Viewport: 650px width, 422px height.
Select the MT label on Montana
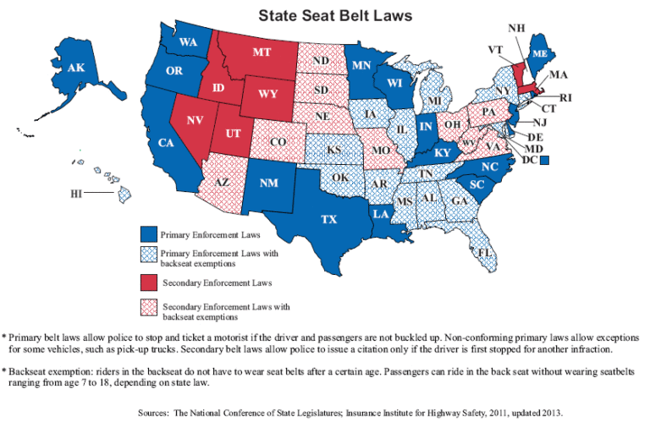(x=262, y=52)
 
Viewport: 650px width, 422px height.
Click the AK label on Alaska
(x=76, y=68)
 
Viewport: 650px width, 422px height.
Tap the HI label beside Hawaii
(x=77, y=194)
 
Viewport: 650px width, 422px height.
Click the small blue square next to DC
(x=546, y=159)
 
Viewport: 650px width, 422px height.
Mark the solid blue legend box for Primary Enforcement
(x=149, y=233)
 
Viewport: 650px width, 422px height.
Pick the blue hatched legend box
(x=149, y=255)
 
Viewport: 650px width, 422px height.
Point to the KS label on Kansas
(x=333, y=150)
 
